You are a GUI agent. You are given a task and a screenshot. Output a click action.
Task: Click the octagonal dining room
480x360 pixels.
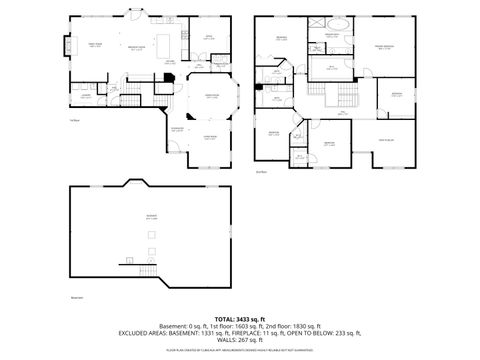click(211, 101)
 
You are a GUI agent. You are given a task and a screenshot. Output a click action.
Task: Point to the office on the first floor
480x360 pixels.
click(210, 40)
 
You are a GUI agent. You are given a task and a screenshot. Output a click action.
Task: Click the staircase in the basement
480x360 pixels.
click(148, 267)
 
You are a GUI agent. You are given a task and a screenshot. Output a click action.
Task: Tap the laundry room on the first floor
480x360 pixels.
click(88, 97)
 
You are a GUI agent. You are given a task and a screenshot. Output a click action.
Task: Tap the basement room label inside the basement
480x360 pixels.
click(153, 219)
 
